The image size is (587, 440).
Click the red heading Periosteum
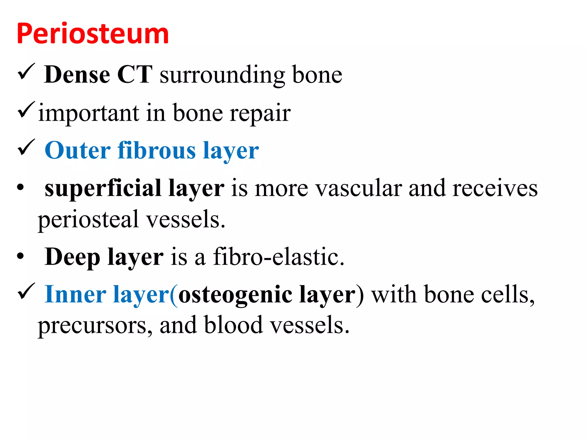pyautogui.click(x=93, y=34)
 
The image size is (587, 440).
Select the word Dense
pyautogui.click(x=77, y=74)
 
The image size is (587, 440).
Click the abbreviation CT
pyautogui.click(x=135, y=74)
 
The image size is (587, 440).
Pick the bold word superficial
pyautogui.click(x=103, y=188)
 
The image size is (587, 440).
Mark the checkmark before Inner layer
pyautogui.click(x=26, y=291)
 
